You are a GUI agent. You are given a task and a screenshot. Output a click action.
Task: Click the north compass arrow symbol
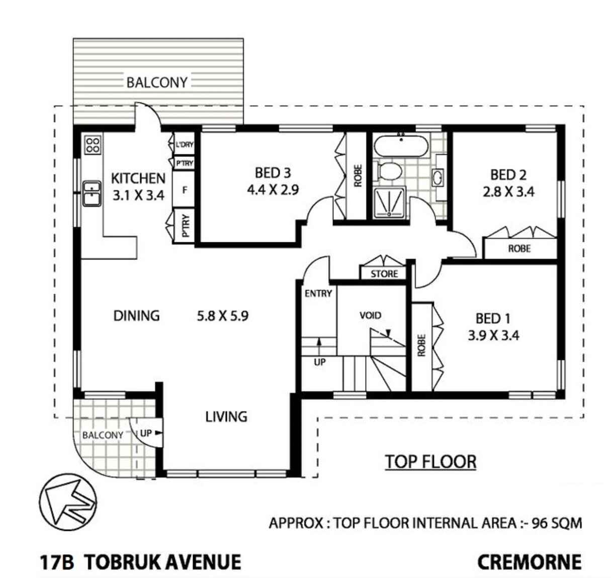pyautogui.click(x=68, y=502)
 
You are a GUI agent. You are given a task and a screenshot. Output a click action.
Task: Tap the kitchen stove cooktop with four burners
pyautogui.click(x=93, y=145)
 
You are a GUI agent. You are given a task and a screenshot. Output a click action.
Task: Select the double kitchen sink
pyautogui.click(x=92, y=194)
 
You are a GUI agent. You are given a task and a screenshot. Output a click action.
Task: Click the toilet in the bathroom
pyautogui.click(x=388, y=171)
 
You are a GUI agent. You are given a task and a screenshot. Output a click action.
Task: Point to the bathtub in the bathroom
pyautogui.click(x=401, y=146)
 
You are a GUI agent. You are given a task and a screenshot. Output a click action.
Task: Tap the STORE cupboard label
pyautogui.click(x=384, y=274)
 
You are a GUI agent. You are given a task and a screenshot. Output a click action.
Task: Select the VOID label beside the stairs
pyautogui.click(x=370, y=316)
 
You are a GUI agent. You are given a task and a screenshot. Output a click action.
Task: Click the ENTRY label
pyautogui.click(x=318, y=294)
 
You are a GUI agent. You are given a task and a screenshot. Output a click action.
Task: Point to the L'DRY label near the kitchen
pyautogui.click(x=185, y=145)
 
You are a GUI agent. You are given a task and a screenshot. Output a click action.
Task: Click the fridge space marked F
pyautogui.click(x=185, y=190)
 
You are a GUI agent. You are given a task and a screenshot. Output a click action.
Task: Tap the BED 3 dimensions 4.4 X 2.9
pyautogui.click(x=273, y=190)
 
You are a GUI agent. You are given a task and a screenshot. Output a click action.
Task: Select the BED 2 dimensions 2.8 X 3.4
pyautogui.click(x=508, y=191)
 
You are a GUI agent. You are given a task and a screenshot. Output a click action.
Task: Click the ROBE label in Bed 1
pyautogui.click(x=422, y=345)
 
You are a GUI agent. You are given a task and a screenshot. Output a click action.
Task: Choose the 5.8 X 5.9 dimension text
pyautogui.click(x=222, y=316)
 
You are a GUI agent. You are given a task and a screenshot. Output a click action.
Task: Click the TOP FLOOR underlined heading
pyautogui.click(x=430, y=462)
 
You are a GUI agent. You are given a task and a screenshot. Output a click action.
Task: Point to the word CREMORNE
pyautogui.click(x=529, y=562)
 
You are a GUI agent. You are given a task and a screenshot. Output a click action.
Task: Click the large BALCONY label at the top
pyautogui.click(x=157, y=82)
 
